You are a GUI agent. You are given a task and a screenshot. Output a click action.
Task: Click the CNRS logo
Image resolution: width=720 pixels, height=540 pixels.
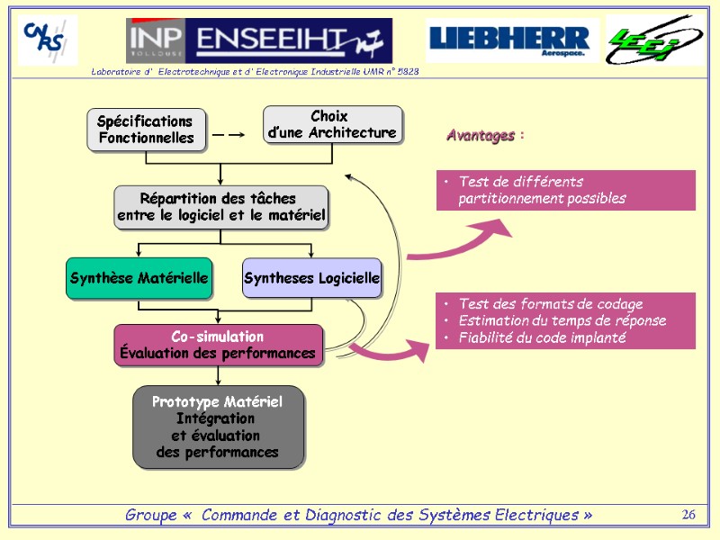pyautogui.click(x=48, y=40)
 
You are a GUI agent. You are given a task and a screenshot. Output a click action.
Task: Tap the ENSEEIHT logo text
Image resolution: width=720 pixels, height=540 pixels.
pyautogui.click(x=283, y=39)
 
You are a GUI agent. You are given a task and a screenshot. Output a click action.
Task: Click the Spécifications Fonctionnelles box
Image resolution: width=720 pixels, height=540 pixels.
pyautogui.click(x=146, y=130)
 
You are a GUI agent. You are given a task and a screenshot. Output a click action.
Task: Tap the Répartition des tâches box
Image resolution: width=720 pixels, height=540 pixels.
pyautogui.click(x=220, y=207)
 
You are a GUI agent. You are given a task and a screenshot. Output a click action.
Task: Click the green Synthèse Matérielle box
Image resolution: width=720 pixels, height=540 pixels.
pyautogui.click(x=139, y=279)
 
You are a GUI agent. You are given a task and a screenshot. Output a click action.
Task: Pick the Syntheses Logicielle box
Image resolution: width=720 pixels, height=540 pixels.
pyautogui.click(x=311, y=279)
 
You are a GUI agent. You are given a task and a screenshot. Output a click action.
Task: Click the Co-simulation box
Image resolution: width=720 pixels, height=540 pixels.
pyautogui.click(x=218, y=345)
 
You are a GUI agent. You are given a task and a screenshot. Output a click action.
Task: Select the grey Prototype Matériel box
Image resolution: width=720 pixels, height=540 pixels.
pyautogui.click(x=218, y=427)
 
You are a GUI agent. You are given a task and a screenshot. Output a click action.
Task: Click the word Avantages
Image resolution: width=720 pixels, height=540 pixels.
pyautogui.click(x=481, y=136)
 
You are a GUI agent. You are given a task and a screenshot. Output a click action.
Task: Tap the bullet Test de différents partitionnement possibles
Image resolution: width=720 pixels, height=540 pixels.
pyautogui.click(x=541, y=190)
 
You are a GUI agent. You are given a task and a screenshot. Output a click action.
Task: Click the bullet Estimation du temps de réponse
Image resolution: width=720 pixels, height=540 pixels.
pyautogui.click(x=562, y=320)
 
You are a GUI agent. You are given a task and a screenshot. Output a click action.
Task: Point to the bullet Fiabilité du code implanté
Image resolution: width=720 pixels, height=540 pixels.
pyautogui.click(x=542, y=337)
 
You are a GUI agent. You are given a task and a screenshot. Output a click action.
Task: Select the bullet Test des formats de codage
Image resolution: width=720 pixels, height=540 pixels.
pyautogui.click(x=550, y=304)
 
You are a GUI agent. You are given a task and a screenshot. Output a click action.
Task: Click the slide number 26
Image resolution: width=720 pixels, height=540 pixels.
pyautogui.click(x=689, y=515)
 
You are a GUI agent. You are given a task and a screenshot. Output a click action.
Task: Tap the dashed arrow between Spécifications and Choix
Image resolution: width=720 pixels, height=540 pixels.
pyautogui.click(x=229, y=135)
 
